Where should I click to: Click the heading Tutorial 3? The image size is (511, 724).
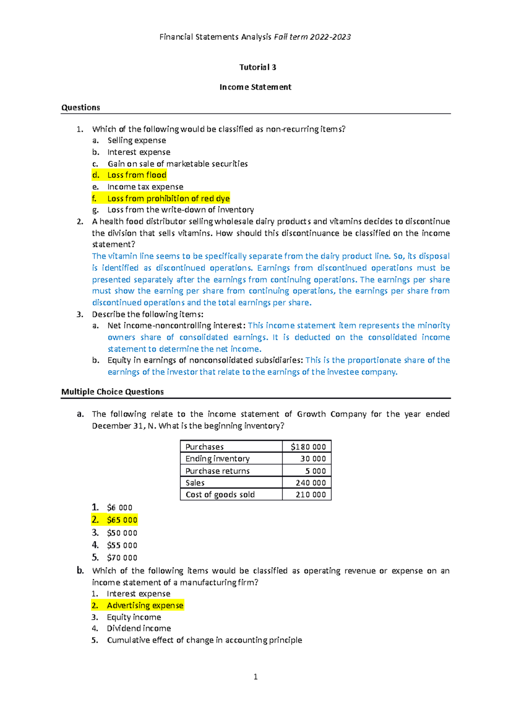(x=258, y=67)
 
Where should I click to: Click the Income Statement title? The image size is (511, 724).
(x=255, y=87)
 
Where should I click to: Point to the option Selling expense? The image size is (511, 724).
(x=136, y=140)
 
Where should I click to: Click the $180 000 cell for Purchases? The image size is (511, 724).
(x=308, y=447)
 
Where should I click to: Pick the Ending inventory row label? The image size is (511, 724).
(x=217, y=459)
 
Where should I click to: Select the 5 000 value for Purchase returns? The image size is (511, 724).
(x=315, y=471)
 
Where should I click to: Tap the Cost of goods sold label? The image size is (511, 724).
(x=220, y=495)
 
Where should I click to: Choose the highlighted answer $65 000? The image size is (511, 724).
(x=122, y=520)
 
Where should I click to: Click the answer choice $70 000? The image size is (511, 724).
(x=122, y=558)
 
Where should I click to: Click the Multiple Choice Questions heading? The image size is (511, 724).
(x=112, y=392)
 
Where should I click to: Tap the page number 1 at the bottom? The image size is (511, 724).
(x=255, y=677)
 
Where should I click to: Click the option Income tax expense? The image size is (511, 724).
(x=145, y=187)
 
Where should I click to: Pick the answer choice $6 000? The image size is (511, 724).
(x=120, y=508)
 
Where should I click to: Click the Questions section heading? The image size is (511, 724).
(x=80, y=107)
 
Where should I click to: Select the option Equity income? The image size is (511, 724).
(x=134, y=617)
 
